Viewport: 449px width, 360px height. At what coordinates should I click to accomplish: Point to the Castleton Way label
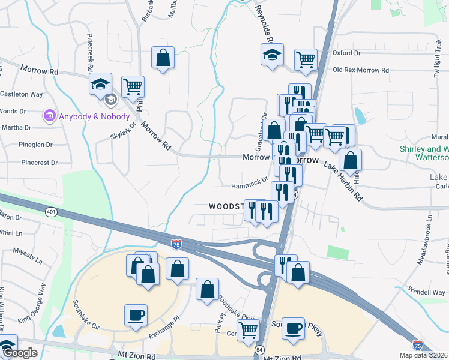pyautogui.click(x=22, y=95)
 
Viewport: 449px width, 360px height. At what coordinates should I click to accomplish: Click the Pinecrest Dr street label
pyautogui.click(x=38, y=163)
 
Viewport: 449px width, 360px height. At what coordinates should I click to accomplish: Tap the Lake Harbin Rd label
pyautogui.click(x=343, y=181)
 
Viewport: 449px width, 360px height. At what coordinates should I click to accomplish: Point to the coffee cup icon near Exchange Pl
pyautogui.click(x=135, y=314)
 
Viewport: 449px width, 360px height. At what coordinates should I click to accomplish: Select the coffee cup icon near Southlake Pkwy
pyautogui.click(x=293, y=328)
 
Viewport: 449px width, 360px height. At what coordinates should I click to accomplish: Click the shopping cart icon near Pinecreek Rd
pyautogui.click(x=133, y=85)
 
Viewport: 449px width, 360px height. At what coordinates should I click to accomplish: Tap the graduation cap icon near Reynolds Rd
pyautogui.click(x=272, y=56)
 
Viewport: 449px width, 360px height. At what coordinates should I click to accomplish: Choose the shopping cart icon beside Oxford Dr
pyautogui.click(x=306, y=59)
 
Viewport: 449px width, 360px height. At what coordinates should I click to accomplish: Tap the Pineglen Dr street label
pyautogui.click(x=38, y=145)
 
